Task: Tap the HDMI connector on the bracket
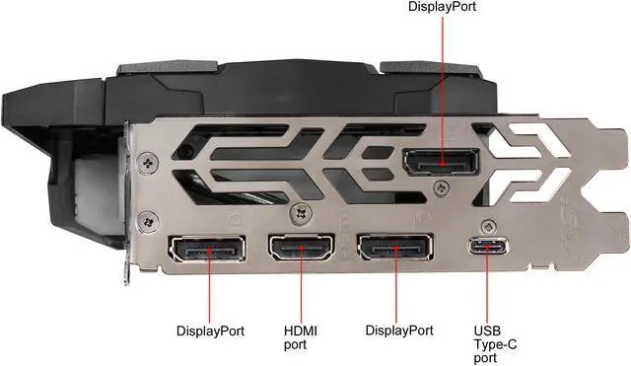pyautogui.click(x=301, y=253)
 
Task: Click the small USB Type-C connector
pyautogui.click(x=486, y=250)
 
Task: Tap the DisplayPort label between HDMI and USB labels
pyautogui.click(x=398, y=330)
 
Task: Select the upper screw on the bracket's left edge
pyautogui.click(x=148, y=160)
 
